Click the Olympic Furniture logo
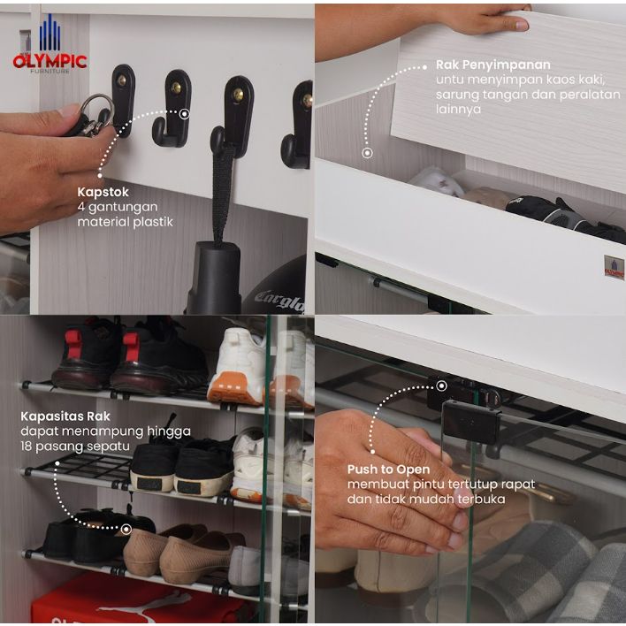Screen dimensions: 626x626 (50, 45)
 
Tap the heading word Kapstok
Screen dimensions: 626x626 (103, 192)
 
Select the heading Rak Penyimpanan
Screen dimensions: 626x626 (493, 65)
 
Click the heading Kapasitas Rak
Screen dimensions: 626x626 (65, 416)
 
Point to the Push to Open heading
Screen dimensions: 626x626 (388, 469)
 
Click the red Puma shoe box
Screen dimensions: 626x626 (140, 599)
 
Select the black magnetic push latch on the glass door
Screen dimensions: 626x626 (471, 421)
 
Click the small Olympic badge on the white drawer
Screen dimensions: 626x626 (614, 267)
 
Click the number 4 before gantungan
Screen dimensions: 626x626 (81, 207)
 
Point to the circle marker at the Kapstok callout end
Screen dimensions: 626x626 (184, 114)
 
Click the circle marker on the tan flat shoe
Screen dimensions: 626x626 (126, 530)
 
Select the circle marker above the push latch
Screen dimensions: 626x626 (441, 386)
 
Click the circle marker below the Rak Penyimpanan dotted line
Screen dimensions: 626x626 (367, 153)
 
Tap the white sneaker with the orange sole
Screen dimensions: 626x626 (235, 366)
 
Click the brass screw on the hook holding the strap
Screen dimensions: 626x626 (238, 95)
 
